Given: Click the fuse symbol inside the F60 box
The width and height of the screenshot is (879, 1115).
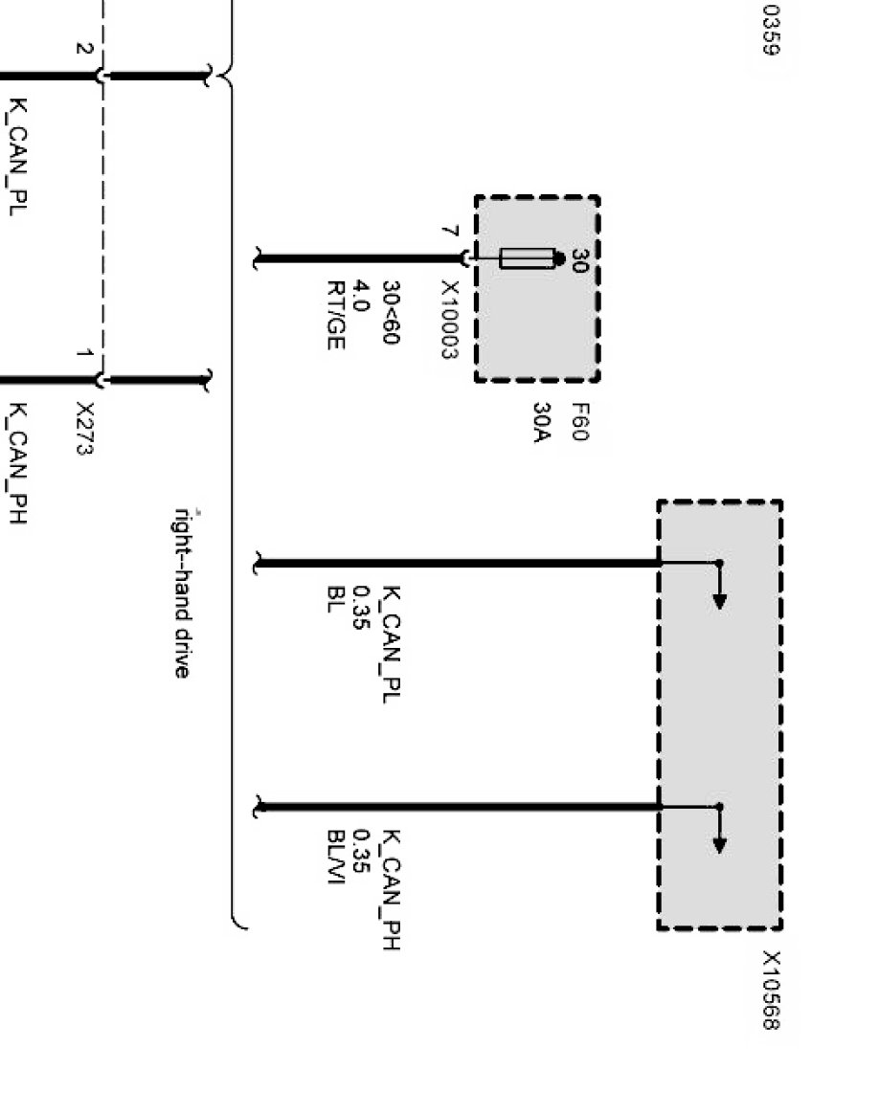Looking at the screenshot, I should coord(527,258).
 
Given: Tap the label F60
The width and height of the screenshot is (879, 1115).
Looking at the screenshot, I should coord(577,423).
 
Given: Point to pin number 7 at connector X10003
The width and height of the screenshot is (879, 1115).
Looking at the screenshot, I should coord(449,232).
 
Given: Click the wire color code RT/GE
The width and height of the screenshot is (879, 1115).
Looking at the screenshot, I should coord(335,315).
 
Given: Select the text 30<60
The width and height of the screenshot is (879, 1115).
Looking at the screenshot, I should coord(391,312).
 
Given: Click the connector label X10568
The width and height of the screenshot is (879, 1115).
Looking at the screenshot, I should coord(772,991).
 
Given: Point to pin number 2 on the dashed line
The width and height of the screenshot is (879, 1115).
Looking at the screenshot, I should coord(84,50).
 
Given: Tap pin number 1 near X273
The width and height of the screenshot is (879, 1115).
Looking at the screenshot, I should coord(84,355).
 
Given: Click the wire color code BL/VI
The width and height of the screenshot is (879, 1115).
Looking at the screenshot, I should coord(335,857).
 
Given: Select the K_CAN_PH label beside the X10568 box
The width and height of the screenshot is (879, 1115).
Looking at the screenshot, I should coord(391,890).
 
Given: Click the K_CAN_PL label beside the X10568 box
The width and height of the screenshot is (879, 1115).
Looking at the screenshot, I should coord(391,645).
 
